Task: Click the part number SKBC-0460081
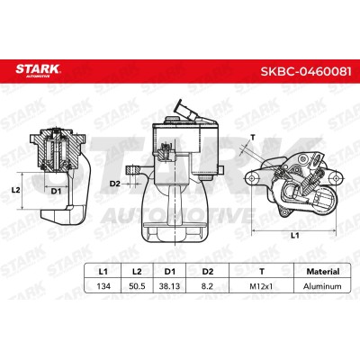tap(306, 71)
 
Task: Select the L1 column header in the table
tap(103, 272)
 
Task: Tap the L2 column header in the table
tap(137, 272)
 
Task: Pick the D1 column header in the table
tap(170, 272)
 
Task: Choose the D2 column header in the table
tap(208, 272)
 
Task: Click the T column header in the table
tap(262, 272)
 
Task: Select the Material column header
tap(323, 272)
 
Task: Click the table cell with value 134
tap(103, 286)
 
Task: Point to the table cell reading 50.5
tap(137, 286)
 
